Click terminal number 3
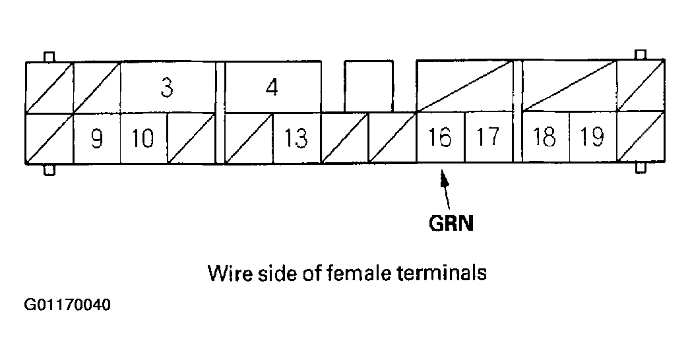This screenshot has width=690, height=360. pos(167,87)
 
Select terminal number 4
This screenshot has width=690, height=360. pos(272,87)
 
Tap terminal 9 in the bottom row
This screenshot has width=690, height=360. pos(96,138)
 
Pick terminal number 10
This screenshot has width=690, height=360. pos(143,138)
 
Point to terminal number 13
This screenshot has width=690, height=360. pos(296,138)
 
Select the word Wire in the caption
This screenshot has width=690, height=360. pos(228,272)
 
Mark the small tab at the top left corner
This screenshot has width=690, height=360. pos(48,57)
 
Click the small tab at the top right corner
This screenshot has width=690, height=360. pos(639,57)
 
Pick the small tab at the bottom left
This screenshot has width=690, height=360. pos(48,169)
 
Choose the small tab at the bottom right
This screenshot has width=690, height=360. pos(639,167)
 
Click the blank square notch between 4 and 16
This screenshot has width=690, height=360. pos(368,86)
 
